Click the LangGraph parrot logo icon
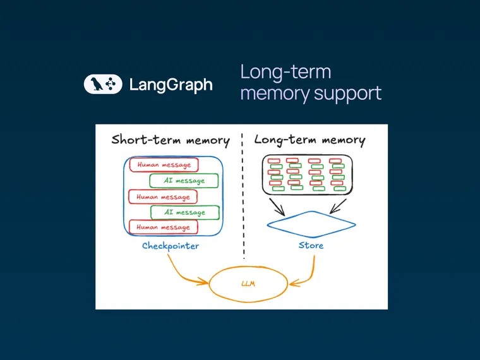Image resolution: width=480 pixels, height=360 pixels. pyautogui.click(x=103, y=85)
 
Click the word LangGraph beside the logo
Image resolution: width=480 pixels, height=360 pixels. pyautogui.click(x=171, y=85)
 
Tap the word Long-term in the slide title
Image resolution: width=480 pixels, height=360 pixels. pyautogui.click(x=285, y=72)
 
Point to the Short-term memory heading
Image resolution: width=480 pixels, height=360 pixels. pyautogui.click(x=170, y=140)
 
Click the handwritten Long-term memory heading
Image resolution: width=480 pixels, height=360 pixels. pyautogui.click(x=309, y=140)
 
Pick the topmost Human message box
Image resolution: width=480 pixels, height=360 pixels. pyautogui.click(x=164, y=165)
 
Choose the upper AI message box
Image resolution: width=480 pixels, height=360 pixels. pyautogui.click(x=184, y=181)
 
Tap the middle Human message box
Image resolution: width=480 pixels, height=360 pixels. pyautogui.click(x=164, y=196)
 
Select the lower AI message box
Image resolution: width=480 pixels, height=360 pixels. pyautogui.click(x=184, y=212)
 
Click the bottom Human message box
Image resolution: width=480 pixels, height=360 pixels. pyautogui.click(x=164, y=227)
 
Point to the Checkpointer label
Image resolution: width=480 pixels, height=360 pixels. pyautogui.click(x=170, y=246)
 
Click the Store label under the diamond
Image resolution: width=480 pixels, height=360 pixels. pyautogui.click(x=311, y=245)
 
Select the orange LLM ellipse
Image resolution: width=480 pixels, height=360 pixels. pyautogui.click(x=247, y=284)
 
